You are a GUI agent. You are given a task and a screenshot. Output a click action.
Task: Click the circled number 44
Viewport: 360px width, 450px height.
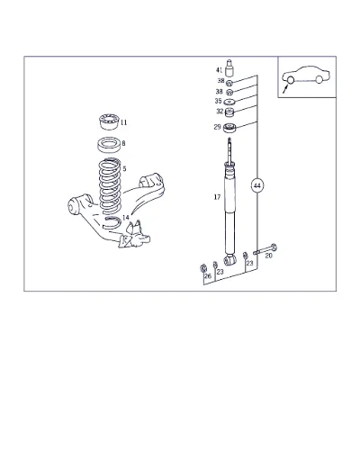tap(257, 186)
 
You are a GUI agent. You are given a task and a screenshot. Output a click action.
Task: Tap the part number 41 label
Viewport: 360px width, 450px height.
tap(220, 70)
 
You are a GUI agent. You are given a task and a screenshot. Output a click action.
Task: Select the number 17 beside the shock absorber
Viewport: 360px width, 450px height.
tap(217, 197)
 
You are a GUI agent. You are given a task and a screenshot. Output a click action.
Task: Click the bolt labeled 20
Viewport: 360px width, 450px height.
tap(265, 249)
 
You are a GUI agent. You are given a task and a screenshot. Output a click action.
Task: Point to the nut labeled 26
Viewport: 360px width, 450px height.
tap(203, 268)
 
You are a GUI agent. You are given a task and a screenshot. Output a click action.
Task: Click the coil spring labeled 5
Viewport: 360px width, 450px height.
tap(110, 186)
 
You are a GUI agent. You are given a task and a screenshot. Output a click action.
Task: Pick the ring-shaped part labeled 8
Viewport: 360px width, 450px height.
tap(110, 145)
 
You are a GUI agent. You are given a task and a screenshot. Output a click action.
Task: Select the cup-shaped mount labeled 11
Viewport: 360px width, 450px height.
tap(110, 122)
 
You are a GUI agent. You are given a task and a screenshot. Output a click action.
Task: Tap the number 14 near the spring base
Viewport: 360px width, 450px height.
tap(126, 217)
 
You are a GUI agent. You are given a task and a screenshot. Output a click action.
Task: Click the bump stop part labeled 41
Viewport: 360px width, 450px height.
tap(229, 68)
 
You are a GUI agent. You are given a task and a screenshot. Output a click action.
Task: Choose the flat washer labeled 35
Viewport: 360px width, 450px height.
tap(229, 102)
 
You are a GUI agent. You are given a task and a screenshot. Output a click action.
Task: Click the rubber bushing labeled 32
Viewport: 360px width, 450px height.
tap(229, 112)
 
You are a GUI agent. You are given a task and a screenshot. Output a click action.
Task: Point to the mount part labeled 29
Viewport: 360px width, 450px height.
tap(229, 128)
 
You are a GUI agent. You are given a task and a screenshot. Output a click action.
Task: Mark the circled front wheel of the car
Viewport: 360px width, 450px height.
tap(291, 80)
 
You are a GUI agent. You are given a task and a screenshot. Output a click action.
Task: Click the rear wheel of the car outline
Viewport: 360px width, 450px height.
tap(319, 79)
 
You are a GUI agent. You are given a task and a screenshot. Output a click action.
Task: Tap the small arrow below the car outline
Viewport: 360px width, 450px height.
tap(285, 89)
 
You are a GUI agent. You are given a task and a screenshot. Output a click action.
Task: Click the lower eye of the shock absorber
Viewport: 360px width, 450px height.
tap(229, 260)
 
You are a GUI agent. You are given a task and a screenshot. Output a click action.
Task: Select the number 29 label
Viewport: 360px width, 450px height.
tap(217, 127)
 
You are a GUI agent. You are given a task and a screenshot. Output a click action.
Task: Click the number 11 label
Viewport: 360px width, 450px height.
tap(123, 122)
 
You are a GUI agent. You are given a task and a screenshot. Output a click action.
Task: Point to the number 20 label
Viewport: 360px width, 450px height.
tap(269, 256)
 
